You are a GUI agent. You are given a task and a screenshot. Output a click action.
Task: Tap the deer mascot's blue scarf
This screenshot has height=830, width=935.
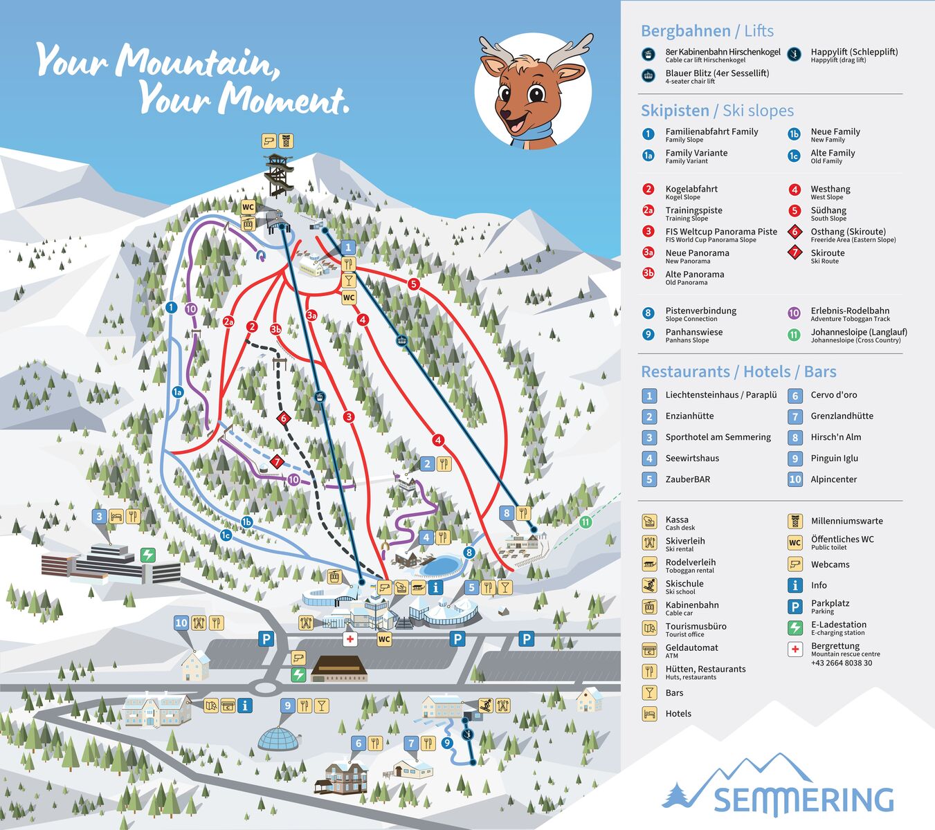(x=534, y=133)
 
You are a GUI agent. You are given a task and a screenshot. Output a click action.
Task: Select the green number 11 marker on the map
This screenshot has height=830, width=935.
(x=585, y=522)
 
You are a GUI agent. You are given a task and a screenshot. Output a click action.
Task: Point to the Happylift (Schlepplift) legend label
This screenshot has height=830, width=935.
(x=854, y=52)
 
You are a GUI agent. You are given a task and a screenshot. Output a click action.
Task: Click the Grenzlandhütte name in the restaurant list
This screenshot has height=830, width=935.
(x=842, y=416)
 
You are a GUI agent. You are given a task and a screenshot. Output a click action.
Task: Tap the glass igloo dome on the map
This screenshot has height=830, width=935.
(x=278, y=738)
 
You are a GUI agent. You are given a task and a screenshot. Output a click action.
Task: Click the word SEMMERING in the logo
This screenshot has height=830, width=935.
(x=803, y=800)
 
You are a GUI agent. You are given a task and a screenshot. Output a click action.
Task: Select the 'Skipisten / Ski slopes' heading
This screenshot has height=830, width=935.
(x=717, y=111)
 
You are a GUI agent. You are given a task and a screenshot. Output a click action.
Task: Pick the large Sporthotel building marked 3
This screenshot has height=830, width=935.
(x=111, y=564)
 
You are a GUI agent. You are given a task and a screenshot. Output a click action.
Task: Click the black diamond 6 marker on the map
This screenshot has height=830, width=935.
(x=282, y=418)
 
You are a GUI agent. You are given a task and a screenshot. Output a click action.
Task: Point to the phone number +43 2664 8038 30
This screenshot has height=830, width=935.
(x=841, y=663)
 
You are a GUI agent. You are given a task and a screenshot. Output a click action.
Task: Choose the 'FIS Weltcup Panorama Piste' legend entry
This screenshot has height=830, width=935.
(x=720, y=232)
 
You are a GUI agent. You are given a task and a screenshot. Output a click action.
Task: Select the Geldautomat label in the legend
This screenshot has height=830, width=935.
(x=691, y=648)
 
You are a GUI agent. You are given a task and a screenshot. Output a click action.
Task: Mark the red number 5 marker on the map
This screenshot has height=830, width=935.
(x=413, y=284)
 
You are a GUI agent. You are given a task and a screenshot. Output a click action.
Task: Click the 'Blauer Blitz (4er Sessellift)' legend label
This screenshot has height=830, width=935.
(x=717, y=73)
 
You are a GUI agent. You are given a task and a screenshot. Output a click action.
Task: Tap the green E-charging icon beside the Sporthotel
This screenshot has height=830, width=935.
(x=148, y=555)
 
